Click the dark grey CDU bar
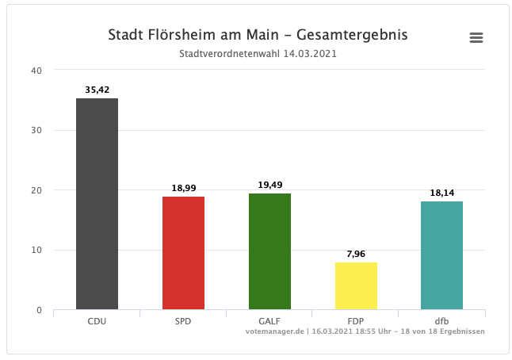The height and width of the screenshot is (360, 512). coord(97,204)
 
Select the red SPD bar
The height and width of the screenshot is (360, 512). coord(183,253)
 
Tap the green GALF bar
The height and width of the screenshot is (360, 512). coord(269,251)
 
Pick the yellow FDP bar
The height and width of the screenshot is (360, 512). coord(356,285)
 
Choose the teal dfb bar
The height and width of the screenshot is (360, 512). coord(442,255)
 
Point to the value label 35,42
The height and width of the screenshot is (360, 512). coord(97,90)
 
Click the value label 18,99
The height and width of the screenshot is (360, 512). coord(183,189)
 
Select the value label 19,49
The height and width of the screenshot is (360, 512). coord(269,186)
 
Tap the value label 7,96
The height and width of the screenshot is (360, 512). coord(356,255)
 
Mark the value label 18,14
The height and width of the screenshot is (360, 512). coord(442,193)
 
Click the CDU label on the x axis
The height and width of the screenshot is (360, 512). coord(97,321)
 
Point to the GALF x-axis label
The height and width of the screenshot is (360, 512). coord(269,321)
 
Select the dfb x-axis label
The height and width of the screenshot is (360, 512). coord(442,321)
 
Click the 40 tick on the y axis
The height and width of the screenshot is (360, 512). coord(36,70)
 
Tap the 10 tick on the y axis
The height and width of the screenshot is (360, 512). coord(36,250)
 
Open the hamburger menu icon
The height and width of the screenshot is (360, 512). coord(476,38)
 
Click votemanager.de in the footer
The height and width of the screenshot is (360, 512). coord(277,331)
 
